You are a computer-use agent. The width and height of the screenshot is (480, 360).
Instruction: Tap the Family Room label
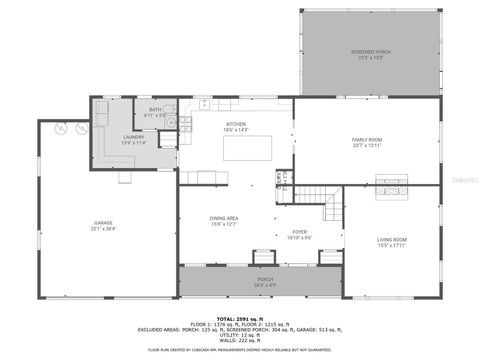click(x=367, y=140)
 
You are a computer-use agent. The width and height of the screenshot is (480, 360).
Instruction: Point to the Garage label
click(x=104, y=222)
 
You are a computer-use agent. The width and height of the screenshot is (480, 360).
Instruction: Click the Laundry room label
click(x=134, y=137)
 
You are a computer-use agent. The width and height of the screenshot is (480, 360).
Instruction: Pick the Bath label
click(x=155, y=109)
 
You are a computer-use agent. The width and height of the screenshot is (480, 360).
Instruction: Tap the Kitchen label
click(x=235, y=124)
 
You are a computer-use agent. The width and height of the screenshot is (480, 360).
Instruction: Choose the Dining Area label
click(x=223, y=218)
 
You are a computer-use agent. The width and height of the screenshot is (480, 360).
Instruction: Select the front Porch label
click(x=265, y=279)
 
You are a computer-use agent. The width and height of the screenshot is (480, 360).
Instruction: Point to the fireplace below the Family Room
click(x=391, y=182)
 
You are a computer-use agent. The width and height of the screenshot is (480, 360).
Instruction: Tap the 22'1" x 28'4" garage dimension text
click(x=104, y=229)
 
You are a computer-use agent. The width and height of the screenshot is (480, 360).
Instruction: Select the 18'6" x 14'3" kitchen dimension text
click(x=235, y=130)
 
